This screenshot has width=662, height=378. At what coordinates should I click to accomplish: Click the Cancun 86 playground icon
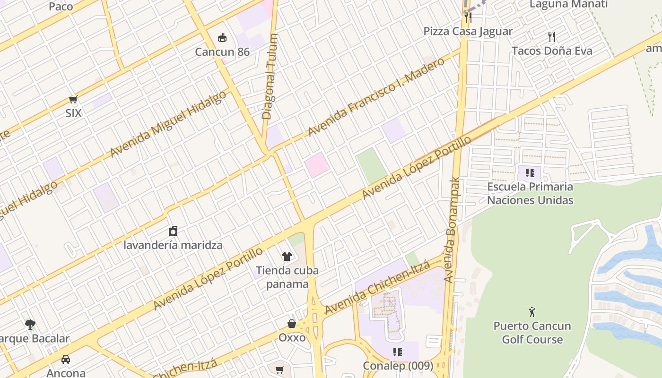point(222,37)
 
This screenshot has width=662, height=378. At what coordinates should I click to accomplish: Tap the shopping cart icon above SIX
point(73,99)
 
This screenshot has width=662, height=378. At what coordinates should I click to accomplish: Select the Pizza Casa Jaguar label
point(468,31)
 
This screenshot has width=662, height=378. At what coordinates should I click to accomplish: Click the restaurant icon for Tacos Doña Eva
point(551,37)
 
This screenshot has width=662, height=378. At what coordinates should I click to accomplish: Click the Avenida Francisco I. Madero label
point(376,97)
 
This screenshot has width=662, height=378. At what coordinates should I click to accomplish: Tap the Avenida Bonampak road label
point(453,230)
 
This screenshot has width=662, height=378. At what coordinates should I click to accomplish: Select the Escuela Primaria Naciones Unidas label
point(530,193)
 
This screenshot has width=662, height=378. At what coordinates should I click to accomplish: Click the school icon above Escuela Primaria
point(530,173)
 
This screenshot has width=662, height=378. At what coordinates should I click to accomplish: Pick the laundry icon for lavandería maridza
point(173,231)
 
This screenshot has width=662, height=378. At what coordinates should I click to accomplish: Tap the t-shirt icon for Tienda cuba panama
point(287,257)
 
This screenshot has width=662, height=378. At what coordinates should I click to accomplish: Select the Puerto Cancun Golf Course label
point(532,333)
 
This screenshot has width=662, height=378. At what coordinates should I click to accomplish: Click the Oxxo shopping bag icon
point(292,324)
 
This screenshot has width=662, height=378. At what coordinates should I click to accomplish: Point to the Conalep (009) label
point(398,366)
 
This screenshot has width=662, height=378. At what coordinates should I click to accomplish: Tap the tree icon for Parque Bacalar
point(30,325)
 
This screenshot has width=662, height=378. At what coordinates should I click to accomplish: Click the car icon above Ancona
point(66,360)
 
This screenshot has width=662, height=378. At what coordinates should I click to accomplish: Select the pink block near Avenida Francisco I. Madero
point(316,164)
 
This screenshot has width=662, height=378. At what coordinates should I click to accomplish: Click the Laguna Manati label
point(568,5)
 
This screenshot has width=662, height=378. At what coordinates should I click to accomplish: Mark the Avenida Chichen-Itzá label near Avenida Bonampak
point(377,288)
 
